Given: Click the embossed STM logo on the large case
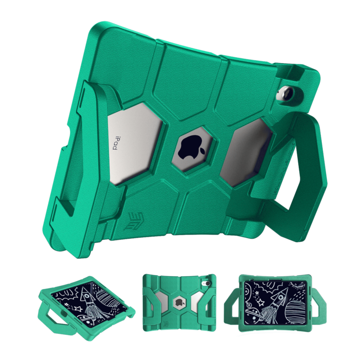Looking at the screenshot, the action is pyautogui.click(x=134, y=221).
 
